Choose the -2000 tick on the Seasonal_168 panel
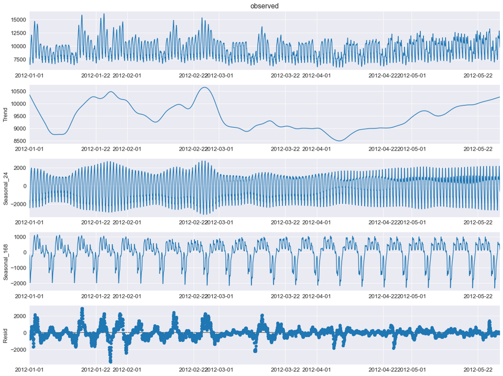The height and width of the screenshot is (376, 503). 17,283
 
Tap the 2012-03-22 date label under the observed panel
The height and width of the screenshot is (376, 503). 285,76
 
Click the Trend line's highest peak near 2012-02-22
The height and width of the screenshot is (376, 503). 204,88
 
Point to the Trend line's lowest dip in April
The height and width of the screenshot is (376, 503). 340,141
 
